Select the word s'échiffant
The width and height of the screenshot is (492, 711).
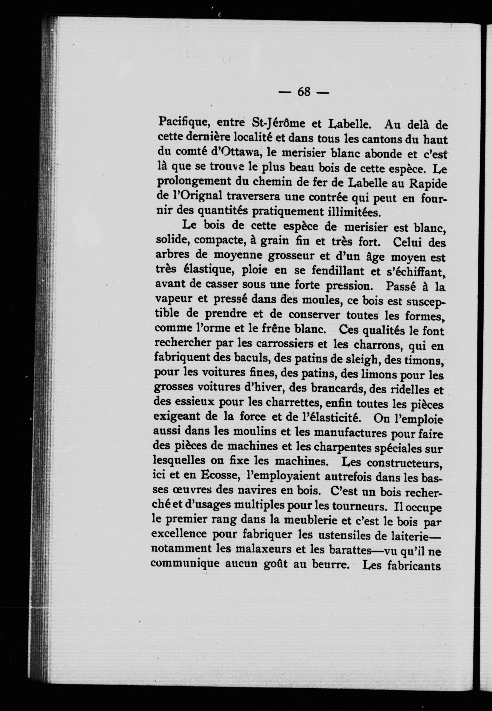tap(414, 272)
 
